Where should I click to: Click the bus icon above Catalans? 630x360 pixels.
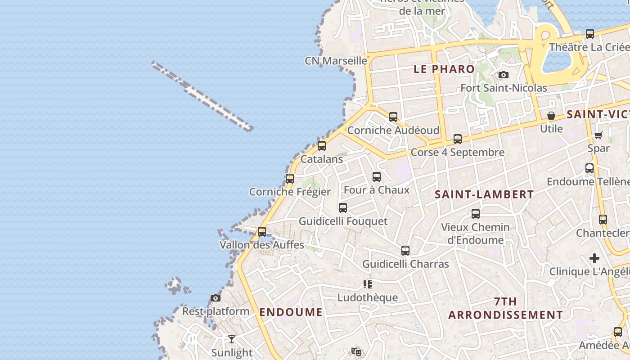point(321,146)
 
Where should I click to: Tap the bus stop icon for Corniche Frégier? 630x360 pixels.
point(290,179)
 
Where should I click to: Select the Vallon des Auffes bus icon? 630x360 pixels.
point(261,232)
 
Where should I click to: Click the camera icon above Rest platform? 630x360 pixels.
point(216,298)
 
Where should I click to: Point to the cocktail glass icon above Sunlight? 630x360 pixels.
point(232,339)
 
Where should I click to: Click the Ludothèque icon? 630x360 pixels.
point(368,284)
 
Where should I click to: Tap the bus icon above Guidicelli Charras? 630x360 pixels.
point(405,251)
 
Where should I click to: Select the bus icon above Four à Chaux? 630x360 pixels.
point(377,177)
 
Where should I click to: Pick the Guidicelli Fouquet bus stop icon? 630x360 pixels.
point(343,208)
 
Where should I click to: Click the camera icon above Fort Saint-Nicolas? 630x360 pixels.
point(504,75)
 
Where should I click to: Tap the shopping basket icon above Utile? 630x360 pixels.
point(551,116)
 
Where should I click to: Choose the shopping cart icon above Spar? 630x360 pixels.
point(598,135)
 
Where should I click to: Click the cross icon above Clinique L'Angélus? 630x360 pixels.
point(594,258)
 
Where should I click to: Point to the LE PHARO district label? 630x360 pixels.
point(444,69)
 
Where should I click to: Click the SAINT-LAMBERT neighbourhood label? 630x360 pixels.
point(484,194)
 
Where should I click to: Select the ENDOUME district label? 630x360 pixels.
point(291,312)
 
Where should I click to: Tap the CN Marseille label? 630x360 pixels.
point(336,60)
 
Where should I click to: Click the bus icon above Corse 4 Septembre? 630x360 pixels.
point(458,139)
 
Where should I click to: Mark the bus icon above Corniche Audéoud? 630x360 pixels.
point(393,117)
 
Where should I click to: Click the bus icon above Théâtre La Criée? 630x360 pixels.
point(590,34)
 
